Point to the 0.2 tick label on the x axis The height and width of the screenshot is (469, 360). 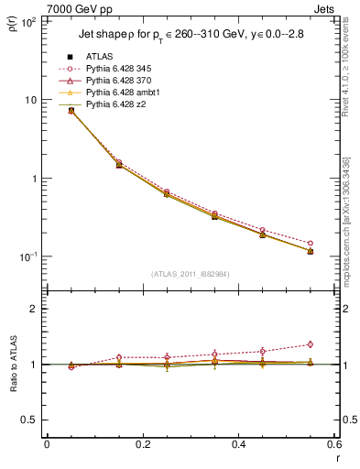coord(142,445)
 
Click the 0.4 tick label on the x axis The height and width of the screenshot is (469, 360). coord(238,445)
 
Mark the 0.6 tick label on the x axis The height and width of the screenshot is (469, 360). coord(333,445)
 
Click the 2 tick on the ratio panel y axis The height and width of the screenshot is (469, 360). coord(33,309)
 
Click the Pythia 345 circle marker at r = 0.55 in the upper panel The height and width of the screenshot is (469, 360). coord(310,243)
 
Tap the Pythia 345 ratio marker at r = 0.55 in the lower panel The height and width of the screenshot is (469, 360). coord(310,344)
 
